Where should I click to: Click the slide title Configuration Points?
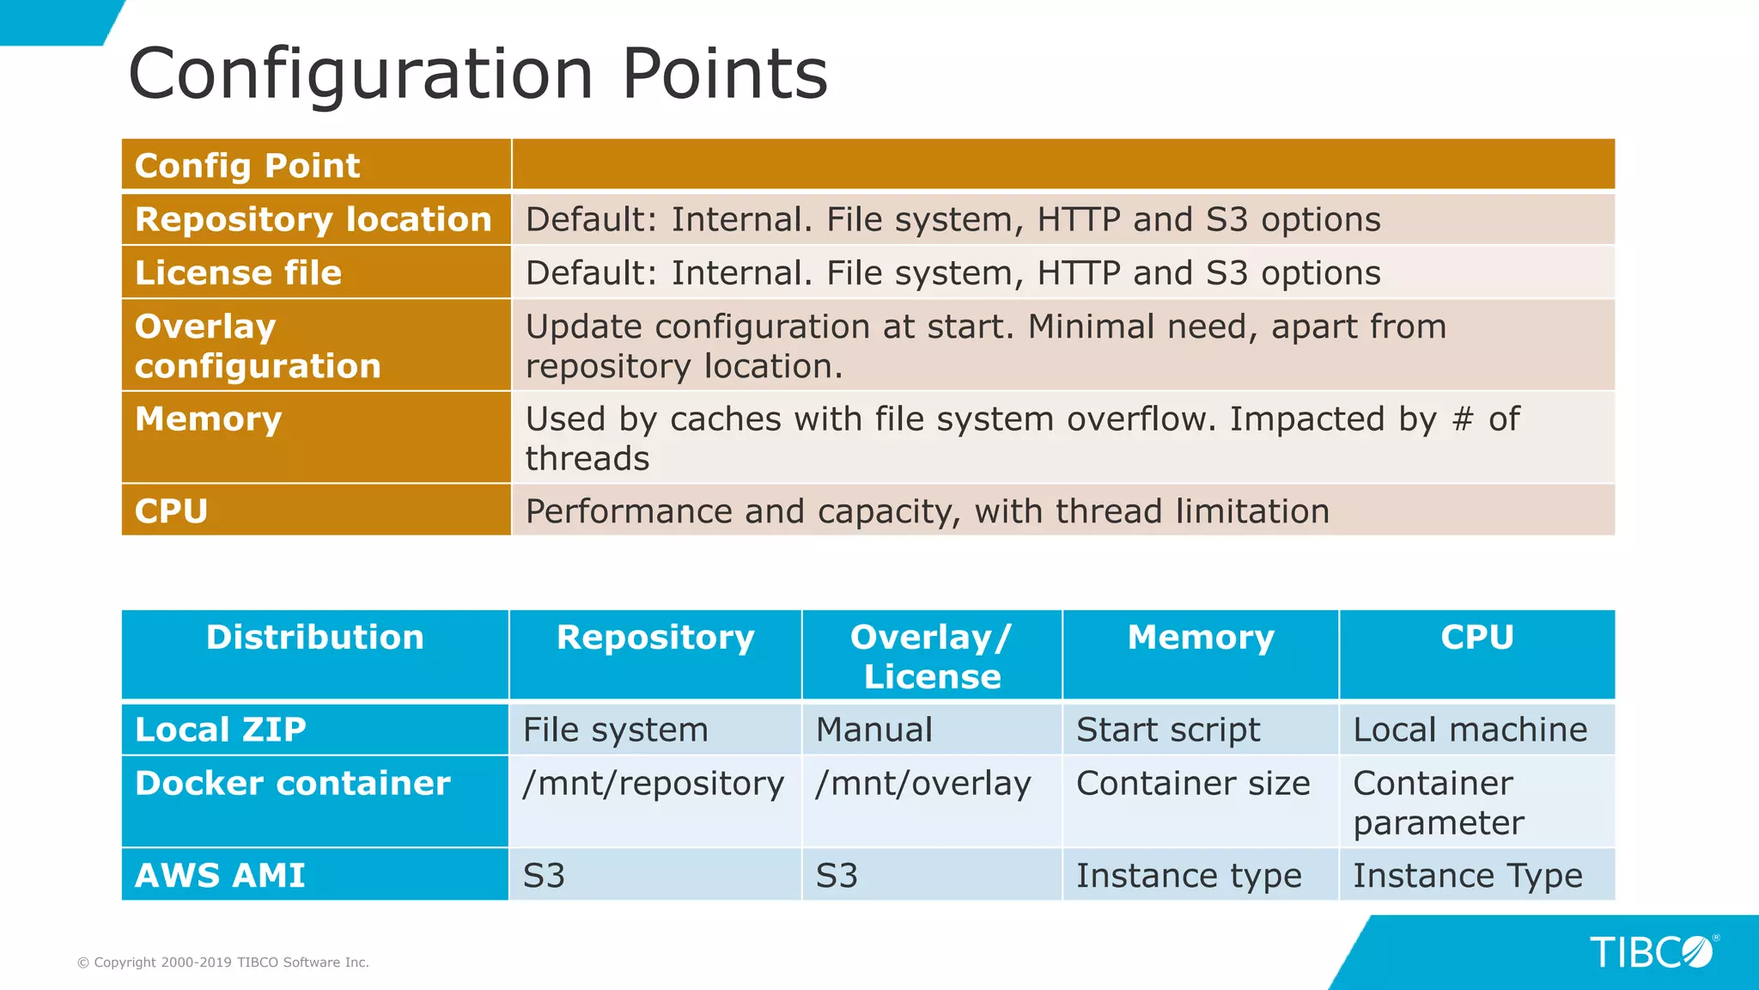coord(478,74)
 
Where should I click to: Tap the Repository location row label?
coord(313,219)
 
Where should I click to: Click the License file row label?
coord(238,273)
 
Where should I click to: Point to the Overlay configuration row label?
coord(257,345)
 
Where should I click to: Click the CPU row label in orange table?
coord(171,511)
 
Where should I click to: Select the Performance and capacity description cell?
coord(927,511)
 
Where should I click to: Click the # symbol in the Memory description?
coord(1462,419)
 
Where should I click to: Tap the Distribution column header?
coord(314,638)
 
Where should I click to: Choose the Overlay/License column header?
coord(932,657)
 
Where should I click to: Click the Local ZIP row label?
coord(220,730)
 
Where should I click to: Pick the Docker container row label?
coord(292,783)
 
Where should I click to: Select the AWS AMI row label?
coord(220,876)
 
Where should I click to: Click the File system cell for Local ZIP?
coord(615,730)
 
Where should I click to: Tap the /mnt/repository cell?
coord(653,783)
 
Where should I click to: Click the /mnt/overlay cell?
coord(922,783)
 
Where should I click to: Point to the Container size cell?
coord(1192,783)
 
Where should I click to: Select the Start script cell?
coord(1167,730)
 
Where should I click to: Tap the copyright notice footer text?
coord(223,962)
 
